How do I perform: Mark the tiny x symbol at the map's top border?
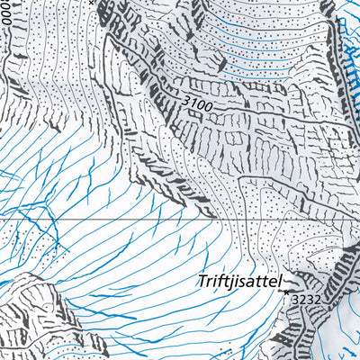click(x=91, y=3)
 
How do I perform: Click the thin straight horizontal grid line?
click(x=135, y=219)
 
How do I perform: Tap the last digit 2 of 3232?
click(x=317, y=298)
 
